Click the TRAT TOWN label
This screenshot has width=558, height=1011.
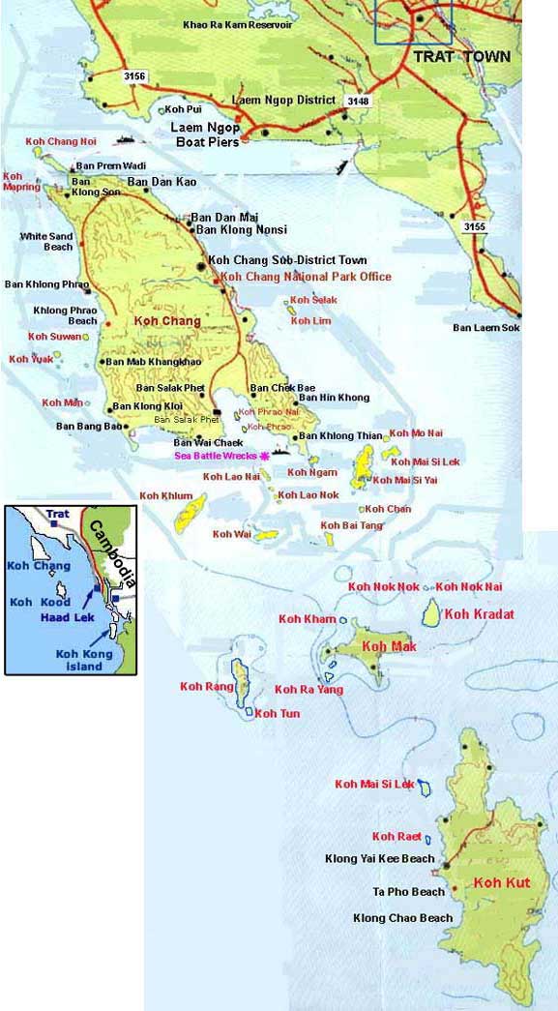[462, 57]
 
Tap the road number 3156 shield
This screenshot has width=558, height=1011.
[135, 75]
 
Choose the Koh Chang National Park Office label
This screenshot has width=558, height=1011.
[307, 277]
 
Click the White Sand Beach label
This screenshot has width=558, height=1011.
[46, 241]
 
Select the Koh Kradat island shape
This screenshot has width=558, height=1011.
[432, 612]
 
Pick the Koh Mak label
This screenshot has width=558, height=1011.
[389, 646]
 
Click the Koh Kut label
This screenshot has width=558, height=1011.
[502, 882]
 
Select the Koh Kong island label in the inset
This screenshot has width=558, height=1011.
[84, 660]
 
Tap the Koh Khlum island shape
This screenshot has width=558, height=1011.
[190, 511]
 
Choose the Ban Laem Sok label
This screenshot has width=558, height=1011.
[485, 328]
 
